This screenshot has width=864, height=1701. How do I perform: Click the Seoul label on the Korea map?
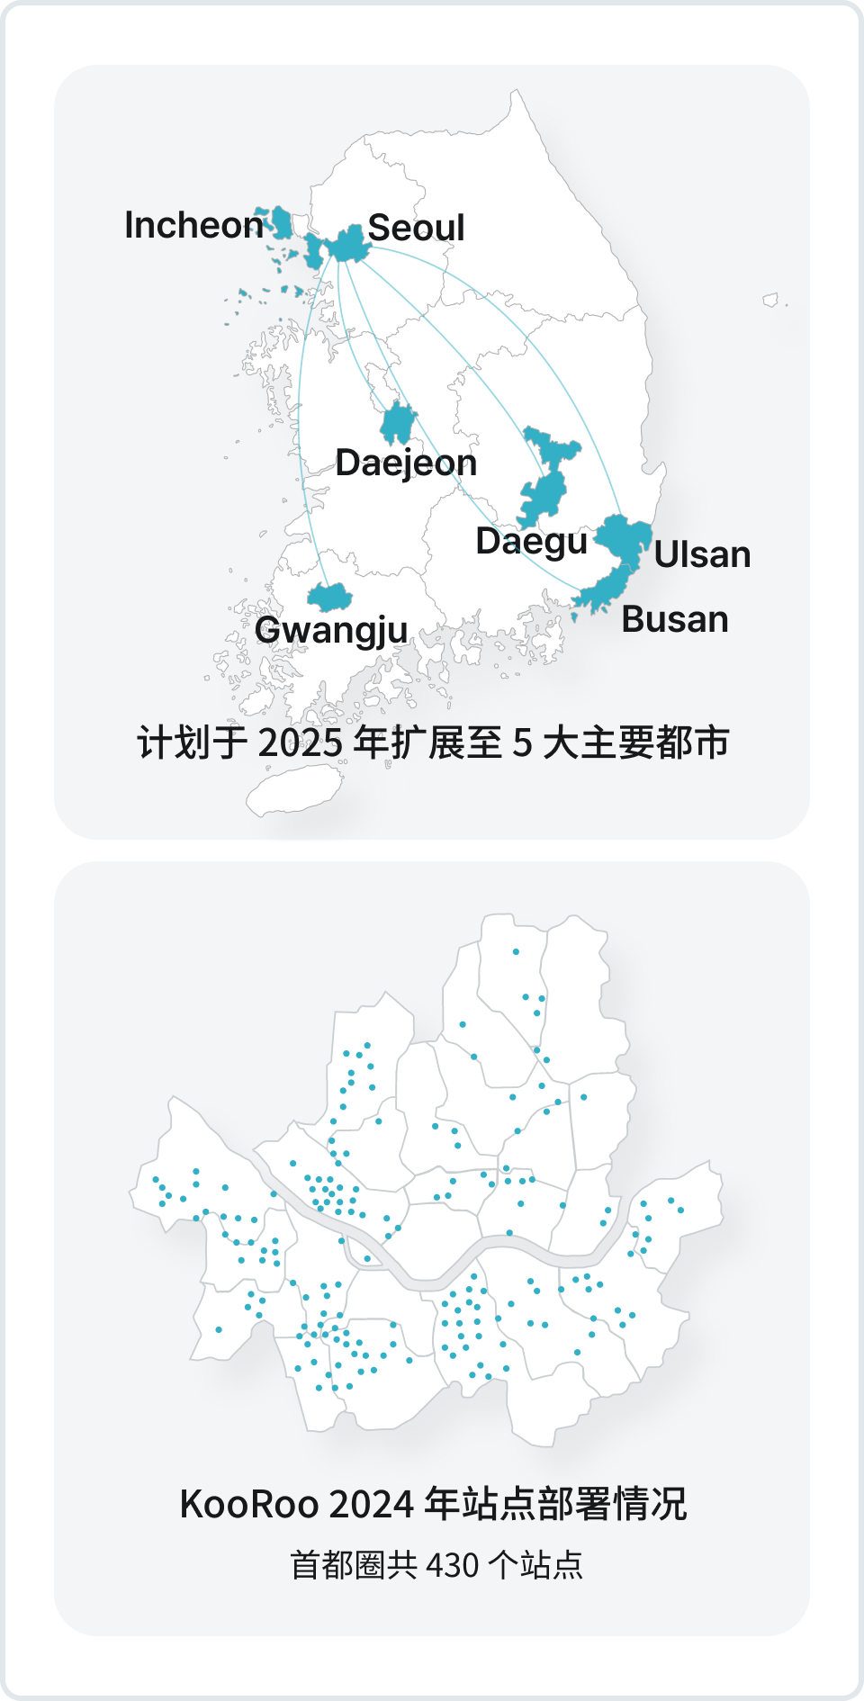click(x=416, y=228)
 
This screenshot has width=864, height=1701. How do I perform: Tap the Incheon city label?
click(x=193, y=225)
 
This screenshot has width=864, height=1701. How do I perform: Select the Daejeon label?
click(x=406, y=463)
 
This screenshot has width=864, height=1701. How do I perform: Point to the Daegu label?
click(x=531, y=541)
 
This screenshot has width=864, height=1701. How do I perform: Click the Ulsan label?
click(x=702, y=554)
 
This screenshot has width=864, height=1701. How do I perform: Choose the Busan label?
click(x=675, y=619)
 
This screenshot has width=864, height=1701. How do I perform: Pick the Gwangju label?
click(x=331, y=630)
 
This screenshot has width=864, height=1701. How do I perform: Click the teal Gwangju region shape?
click(x=329, y=597)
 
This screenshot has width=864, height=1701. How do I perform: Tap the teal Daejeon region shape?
click(x=397, y=423)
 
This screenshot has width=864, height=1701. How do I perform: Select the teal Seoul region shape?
click(x=347, y=244)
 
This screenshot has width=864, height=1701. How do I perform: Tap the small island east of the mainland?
click(x=770, y=300)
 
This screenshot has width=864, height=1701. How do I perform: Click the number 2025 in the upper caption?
click(x=301, y=743)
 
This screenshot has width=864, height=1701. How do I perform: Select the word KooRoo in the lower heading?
click(x=249, y=1504)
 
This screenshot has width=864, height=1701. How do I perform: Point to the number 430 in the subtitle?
click(x=452, y=1565)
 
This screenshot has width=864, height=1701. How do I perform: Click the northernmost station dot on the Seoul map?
click(x=516, y=951)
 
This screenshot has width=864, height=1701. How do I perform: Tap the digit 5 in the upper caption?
click(x=523, y=743)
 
